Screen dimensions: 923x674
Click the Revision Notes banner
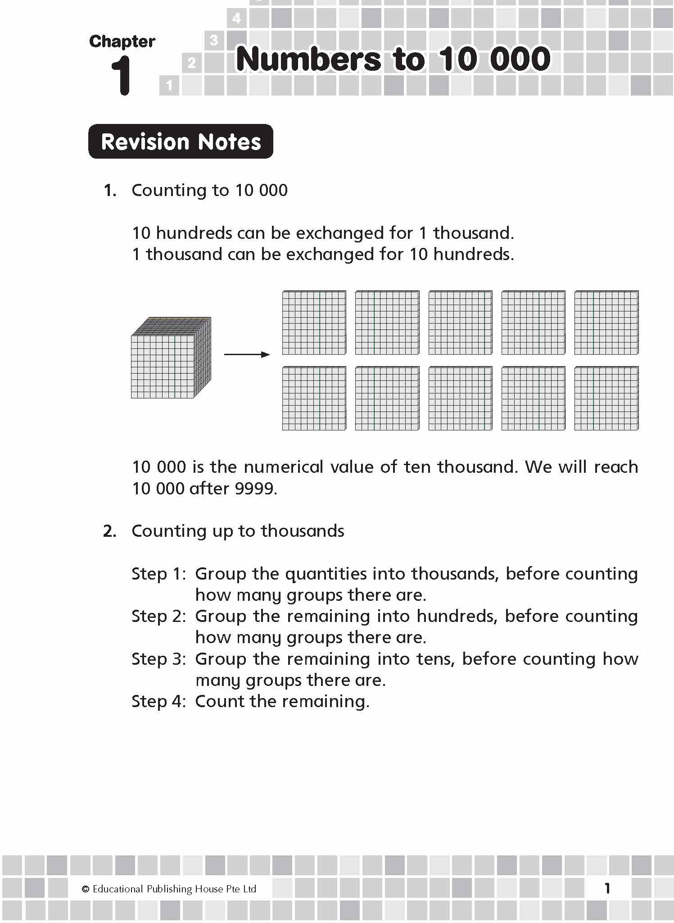point(181,142)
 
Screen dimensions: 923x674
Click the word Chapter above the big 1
point(122,41)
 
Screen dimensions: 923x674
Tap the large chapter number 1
point(121,75)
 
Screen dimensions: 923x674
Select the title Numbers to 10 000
point(393,59)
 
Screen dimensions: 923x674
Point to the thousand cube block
point(171,358)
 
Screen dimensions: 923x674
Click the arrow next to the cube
point(247,355)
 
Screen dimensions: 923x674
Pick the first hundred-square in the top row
point(314,323)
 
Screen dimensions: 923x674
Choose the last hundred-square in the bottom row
point(606,398)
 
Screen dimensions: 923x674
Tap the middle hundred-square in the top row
point(460,323)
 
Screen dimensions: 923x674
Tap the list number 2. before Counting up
point(110,531)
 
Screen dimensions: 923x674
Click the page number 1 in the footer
point(607,888)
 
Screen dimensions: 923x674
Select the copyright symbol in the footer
point(86,889)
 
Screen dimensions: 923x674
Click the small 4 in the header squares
point(237,18)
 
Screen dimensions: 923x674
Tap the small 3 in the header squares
point(214,41)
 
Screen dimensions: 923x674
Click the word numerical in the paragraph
point(284,467)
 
